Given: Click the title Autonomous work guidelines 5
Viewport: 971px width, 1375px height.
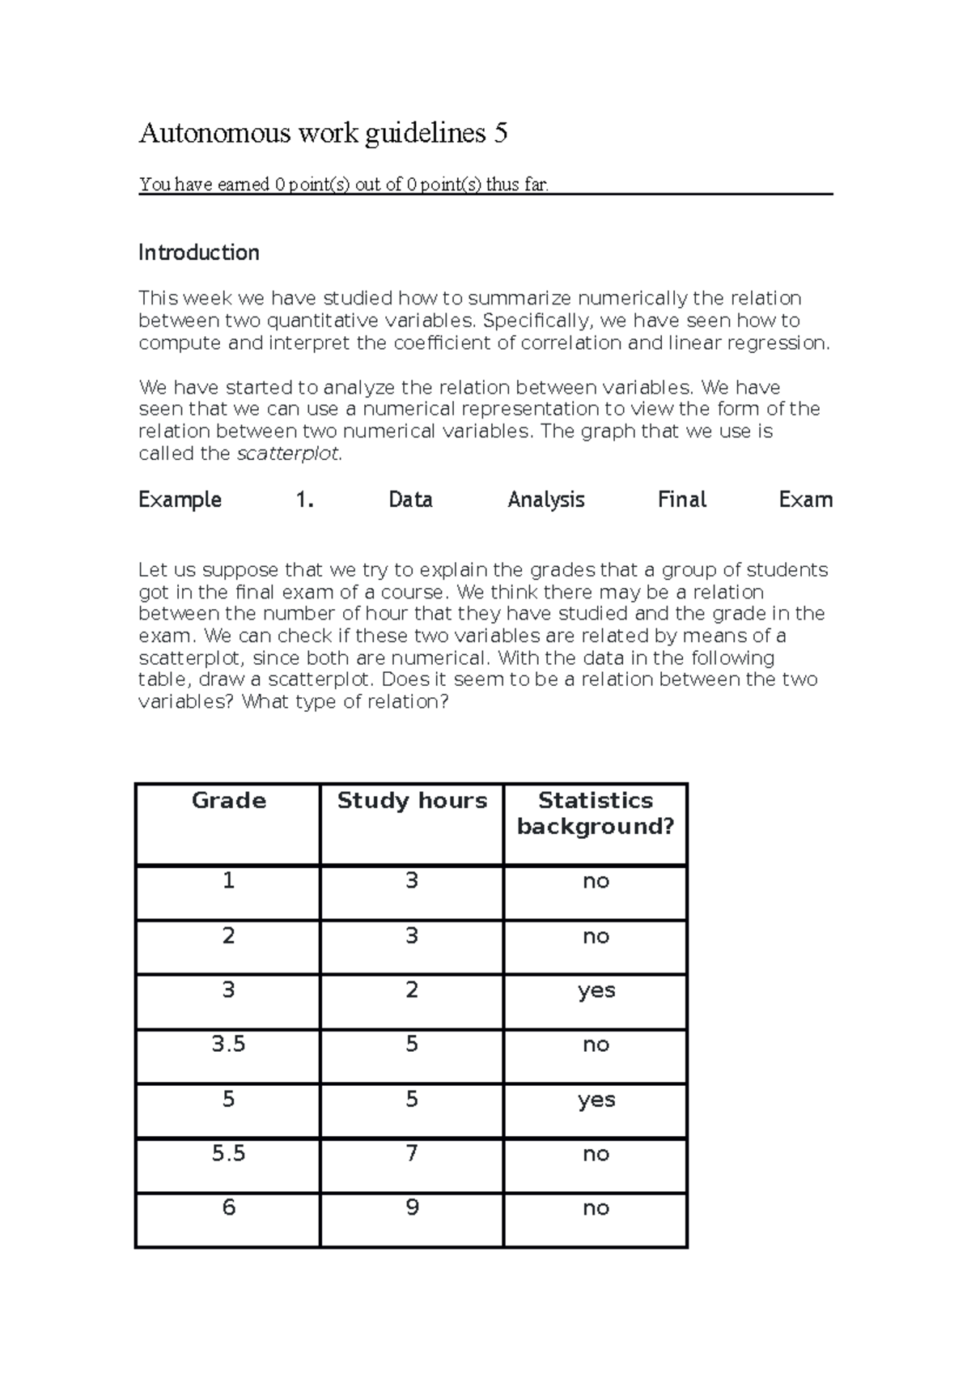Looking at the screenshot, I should click(323, 133).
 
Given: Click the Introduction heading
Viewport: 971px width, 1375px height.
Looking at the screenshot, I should click(198, 253).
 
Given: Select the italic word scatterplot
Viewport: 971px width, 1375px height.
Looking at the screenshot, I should click(288, 453).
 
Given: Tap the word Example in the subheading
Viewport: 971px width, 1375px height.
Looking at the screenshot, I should click(180, 500).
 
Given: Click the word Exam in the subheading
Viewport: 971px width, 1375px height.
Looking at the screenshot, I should click(805, 500).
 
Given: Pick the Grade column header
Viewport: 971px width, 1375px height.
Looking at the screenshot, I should click(228, 801).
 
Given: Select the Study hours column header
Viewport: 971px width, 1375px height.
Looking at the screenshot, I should click(412, 801).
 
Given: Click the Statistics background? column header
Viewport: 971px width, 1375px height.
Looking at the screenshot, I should click(596, 813).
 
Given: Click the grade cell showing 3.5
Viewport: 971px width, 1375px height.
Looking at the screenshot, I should click(228, 1045).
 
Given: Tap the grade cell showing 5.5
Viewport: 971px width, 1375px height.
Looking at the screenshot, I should click(228, 1154).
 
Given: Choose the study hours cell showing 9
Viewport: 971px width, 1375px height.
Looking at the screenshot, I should click(412, 1208).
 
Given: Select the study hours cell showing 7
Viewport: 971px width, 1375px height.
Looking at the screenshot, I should click(412, 1154).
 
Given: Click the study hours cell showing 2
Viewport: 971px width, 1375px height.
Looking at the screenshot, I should click(412, 990).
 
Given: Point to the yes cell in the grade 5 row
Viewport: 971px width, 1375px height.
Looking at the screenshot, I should click(596, 1100).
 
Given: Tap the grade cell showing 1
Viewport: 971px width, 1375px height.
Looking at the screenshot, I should click(228, 881).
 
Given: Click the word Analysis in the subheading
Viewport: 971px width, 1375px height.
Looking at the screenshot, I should click(545, 500).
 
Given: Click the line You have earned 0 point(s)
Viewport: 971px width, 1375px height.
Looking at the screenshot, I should click(344, 185).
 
